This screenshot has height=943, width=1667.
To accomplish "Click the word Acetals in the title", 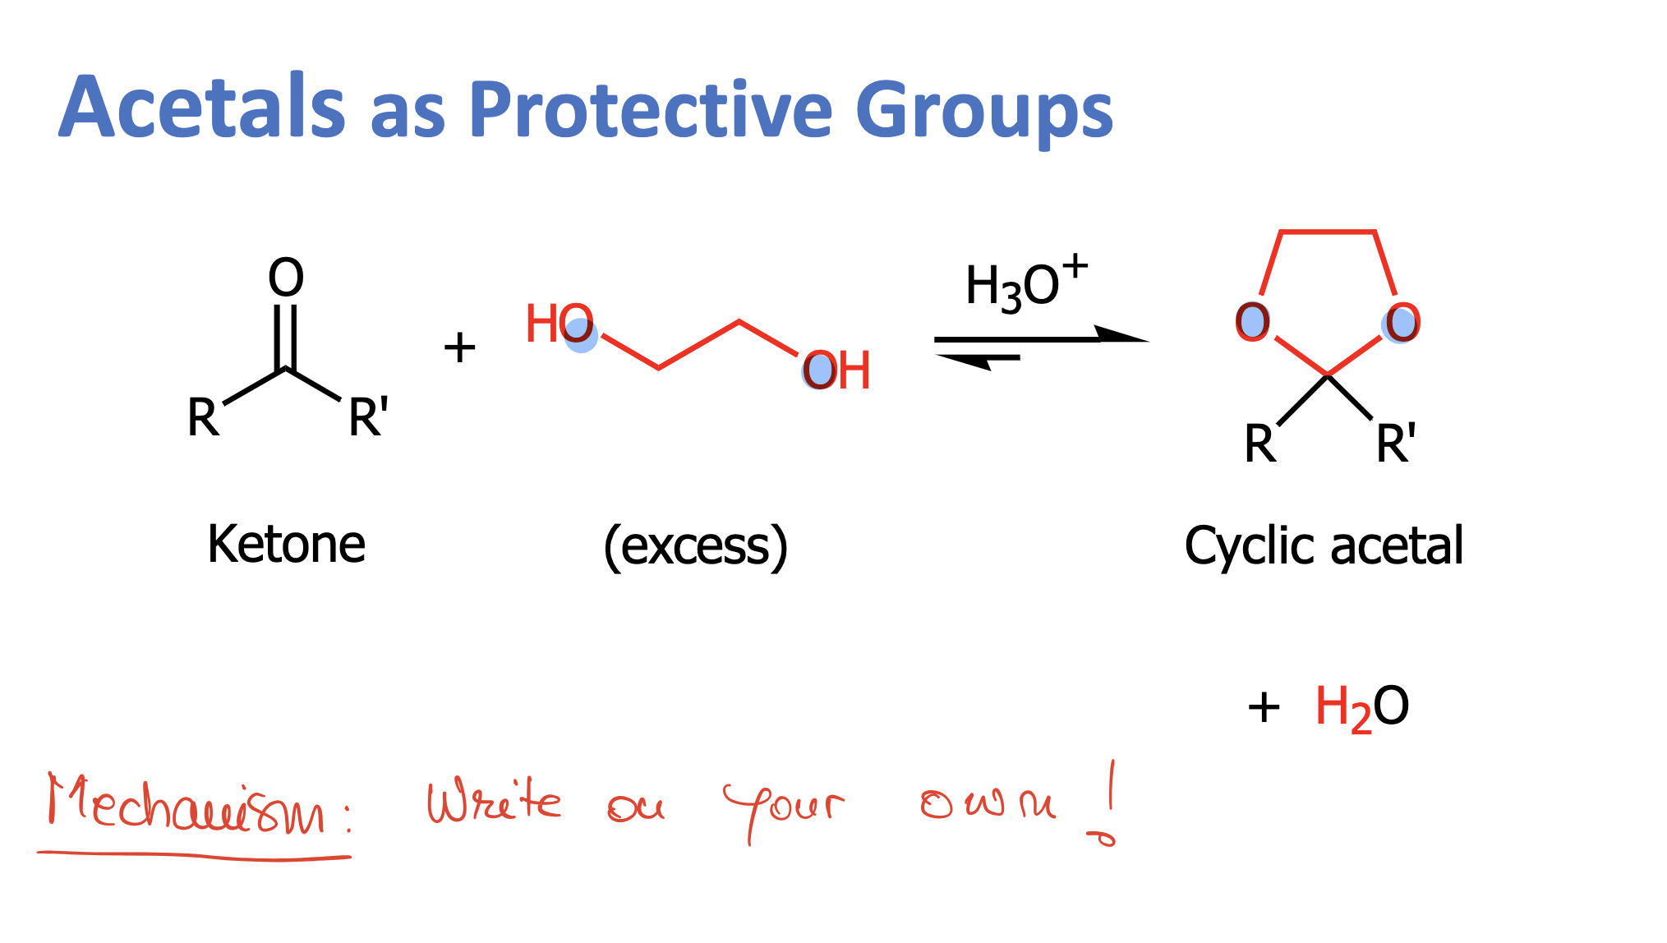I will [202, 108].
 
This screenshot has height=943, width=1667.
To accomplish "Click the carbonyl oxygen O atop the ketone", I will [286, 278].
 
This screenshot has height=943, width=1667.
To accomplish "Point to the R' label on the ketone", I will [367, 417].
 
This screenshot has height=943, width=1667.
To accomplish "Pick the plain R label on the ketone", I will [203, 417].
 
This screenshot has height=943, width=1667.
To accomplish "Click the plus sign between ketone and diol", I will [459, 347].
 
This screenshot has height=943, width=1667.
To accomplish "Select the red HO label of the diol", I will [559, 324].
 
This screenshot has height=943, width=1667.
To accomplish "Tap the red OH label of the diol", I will [836, 370].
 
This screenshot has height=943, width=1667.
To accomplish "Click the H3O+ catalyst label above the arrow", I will [1025, 284].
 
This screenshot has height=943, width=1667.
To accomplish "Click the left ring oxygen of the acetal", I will [1252, 322].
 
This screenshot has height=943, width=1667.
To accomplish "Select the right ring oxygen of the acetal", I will [1402, 322].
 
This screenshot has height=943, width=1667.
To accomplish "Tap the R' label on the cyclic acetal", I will [1395, 444].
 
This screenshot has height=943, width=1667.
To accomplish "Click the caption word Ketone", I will [286, 544].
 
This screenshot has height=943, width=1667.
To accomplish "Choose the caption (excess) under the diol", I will [695, 546].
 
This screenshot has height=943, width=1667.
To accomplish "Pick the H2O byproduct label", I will [1362, 707].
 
